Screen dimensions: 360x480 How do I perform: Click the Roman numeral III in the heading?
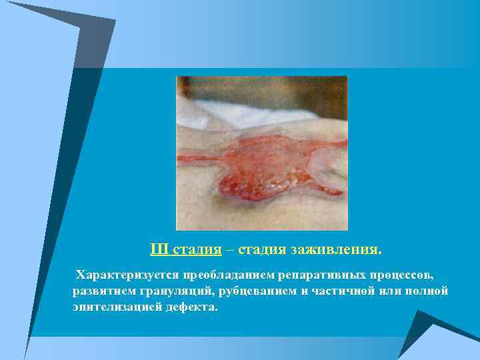point(160,250)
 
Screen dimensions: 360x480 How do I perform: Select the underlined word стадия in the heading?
point(197,250)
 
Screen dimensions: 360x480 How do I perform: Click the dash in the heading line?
point(230,250)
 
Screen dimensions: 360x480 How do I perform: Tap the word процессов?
point(399,275)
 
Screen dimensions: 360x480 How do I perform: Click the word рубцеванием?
point(251,291)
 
